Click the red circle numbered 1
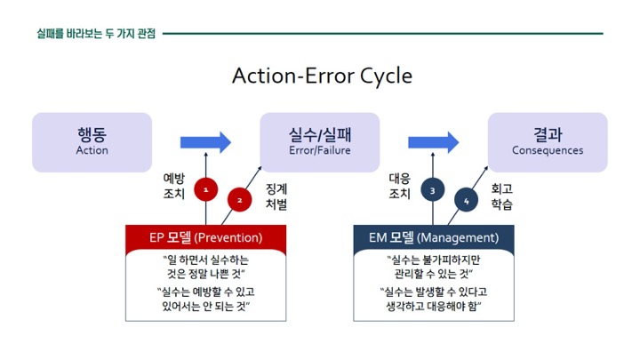205,189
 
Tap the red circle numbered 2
239,200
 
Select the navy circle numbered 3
433,189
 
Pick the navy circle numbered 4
466,200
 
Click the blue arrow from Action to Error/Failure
205,142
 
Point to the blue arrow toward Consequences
434,142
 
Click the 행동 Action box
92,142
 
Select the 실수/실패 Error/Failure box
320,142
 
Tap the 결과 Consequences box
548,142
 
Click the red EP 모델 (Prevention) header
205,237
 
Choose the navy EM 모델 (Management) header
434,237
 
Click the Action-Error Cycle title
322,76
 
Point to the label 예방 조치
174,186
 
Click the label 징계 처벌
276,196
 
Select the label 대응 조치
399,186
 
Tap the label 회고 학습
501,196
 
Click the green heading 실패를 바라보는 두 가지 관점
96,34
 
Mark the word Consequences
548,150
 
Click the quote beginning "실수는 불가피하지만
434,267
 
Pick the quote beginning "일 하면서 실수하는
205,267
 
